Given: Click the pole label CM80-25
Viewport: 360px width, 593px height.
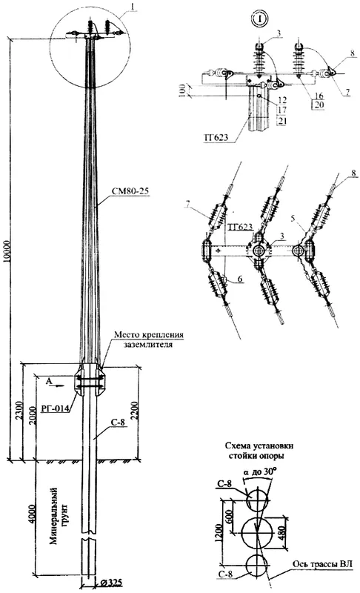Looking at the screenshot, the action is click(130, 191).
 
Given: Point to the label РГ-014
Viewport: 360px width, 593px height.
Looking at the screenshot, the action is click(54, 408).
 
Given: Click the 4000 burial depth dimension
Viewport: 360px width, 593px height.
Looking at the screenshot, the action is click(32, 514).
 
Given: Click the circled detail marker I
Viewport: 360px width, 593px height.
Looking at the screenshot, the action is click(258, 18).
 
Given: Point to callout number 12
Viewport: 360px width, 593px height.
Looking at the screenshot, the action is click(281, 100).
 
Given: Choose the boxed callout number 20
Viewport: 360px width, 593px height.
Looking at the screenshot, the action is click(319, 105).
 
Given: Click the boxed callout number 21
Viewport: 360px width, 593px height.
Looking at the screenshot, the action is click(281, 120).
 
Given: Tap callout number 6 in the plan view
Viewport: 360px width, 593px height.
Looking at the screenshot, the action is click(240, 279).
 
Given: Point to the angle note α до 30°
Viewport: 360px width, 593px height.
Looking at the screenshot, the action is click(261, 472).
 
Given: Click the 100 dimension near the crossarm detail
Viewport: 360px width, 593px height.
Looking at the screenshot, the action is click(182, 91).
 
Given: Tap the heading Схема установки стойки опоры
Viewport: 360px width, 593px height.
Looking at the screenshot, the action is click(259, 451).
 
